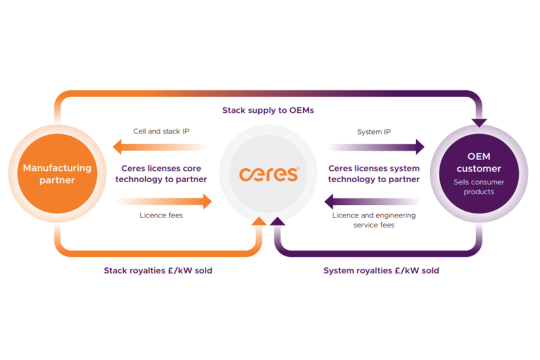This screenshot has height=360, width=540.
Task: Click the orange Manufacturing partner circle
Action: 58,174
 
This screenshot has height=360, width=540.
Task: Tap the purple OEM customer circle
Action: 479,174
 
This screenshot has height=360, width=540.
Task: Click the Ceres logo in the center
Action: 269,174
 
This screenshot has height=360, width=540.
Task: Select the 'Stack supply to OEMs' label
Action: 268,110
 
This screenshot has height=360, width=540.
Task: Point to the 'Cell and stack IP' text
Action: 161,131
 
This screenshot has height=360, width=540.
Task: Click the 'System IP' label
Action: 374,132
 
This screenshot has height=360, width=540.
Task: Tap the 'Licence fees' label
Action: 161,215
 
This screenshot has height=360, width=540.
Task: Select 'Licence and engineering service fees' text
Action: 374,220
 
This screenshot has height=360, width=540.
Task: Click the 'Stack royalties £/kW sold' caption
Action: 158,270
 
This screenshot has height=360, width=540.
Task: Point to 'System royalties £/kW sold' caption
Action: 382,270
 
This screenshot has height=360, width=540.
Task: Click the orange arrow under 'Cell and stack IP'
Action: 160,147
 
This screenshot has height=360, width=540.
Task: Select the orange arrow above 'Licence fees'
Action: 164,201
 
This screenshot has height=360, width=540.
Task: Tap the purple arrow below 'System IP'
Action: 376,147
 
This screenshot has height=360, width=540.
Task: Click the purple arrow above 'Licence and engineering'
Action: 373,201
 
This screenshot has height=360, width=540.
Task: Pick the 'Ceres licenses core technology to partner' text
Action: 161,174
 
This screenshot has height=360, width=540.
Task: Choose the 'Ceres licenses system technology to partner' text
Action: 374,174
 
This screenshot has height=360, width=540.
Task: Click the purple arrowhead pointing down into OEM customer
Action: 479,123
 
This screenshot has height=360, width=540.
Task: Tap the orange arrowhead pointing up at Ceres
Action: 259,221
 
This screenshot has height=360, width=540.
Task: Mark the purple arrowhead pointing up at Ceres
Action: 278,221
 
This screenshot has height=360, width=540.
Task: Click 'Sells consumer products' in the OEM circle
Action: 479,187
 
